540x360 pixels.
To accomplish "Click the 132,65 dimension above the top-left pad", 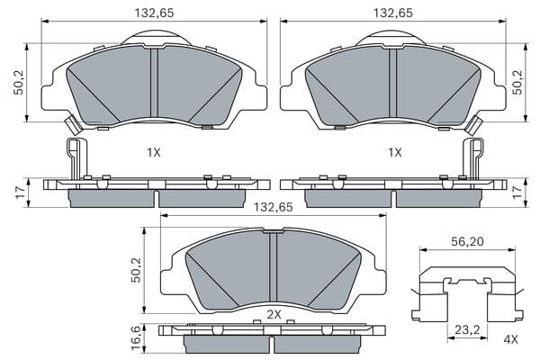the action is [x=154, y=13].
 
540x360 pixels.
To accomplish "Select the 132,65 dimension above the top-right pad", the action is [x=393, y=13].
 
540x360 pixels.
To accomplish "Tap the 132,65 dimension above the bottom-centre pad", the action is [x=273, y=207].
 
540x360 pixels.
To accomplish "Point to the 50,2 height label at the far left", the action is [x=18, y=82].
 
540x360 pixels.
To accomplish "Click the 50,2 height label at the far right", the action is [x=517, y=82].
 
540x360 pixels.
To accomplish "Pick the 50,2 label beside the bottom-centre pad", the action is [x=137, y=270].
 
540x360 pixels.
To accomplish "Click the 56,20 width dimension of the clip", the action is [x=467, y=242].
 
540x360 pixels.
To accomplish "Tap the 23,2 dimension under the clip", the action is [x=467, y=330].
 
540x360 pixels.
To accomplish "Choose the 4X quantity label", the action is [x=510, y=339].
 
